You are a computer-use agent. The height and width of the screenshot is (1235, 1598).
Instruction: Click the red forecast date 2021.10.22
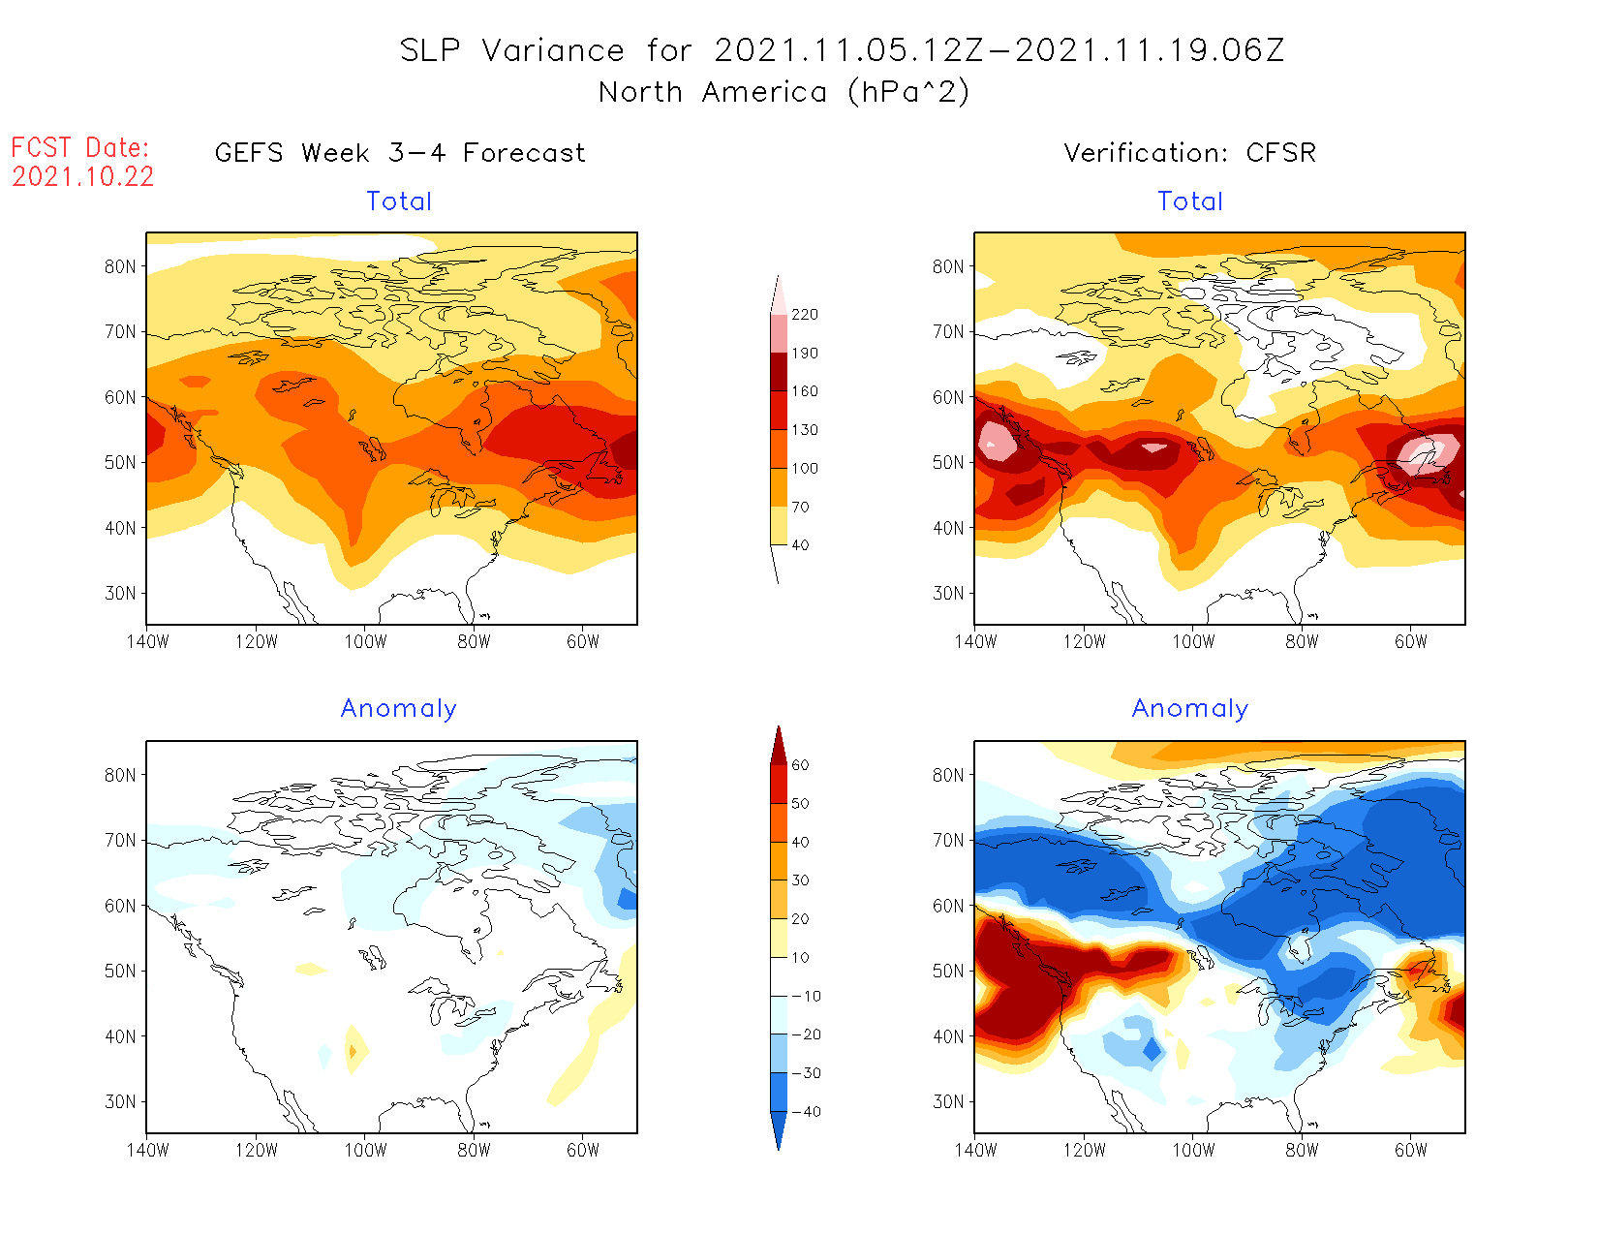83,177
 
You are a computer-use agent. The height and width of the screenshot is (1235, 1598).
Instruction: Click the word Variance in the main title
553,50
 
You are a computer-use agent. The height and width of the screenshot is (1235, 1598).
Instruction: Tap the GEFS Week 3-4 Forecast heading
400,153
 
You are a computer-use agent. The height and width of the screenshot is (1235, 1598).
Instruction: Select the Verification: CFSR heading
1189,153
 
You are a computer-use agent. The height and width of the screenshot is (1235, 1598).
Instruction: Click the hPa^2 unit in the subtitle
907,93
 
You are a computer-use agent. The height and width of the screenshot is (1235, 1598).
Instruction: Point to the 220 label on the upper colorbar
804,315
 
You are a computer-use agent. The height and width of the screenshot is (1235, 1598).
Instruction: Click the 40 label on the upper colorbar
800,545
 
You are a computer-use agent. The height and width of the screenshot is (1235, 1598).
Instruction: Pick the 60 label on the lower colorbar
800,765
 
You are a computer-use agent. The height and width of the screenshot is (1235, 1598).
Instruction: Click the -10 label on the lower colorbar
805,996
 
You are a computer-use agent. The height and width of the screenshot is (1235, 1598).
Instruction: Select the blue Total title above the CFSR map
1190,201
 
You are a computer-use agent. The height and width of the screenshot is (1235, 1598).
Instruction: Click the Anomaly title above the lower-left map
398,709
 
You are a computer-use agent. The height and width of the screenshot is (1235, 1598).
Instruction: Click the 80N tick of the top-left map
120,267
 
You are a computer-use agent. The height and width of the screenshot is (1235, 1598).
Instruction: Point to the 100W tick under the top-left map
365,641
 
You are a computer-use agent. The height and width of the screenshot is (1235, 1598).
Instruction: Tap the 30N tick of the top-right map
948,594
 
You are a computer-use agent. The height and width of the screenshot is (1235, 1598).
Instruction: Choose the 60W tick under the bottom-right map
1410,1150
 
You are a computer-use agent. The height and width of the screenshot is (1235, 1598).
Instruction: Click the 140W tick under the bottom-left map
147,1150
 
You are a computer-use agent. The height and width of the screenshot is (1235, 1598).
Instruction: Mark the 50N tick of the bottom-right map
948,972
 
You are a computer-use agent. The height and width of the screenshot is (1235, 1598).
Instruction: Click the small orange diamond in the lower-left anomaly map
353,1051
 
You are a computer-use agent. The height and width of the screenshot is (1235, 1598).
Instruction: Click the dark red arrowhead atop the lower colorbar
778,746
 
